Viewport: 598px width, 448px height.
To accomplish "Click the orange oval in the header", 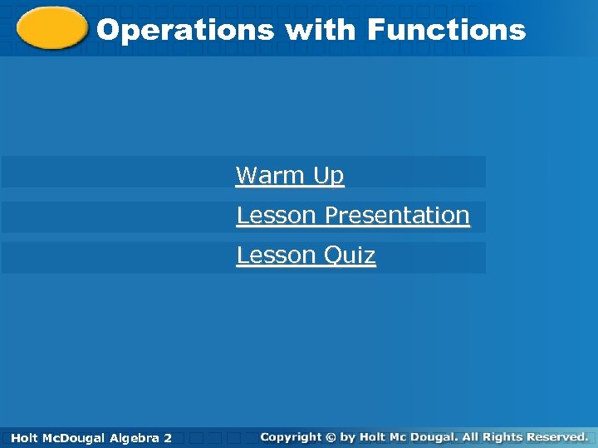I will (x=51, y=29).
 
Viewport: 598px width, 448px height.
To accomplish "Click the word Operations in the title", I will (x=185, y=31).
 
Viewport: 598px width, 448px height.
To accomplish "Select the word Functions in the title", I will (x=446, y=31).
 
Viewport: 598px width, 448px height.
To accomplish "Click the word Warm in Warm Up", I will (x=271, y=175).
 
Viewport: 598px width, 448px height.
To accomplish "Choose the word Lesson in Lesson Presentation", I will (x=277, y=215).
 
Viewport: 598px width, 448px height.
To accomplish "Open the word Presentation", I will (x=397, y=215).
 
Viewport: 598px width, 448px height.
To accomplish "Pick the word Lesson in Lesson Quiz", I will (x=277, y=255).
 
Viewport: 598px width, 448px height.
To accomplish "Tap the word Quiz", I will (x=350, y=256).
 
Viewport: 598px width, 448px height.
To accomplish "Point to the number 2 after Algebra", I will (x=168, y=437).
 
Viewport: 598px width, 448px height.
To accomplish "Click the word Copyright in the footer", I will (x=291, y=436).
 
